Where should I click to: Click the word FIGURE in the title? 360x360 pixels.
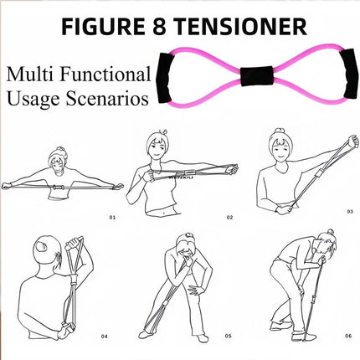click(103, 26)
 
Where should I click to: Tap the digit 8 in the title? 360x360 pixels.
click(160, 26)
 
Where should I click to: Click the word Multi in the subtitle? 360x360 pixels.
click(30, 75)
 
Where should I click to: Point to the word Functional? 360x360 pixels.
click(105, 75)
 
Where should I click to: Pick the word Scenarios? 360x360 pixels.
click(107, 98)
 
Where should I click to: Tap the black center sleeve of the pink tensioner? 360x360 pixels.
click(256, 75)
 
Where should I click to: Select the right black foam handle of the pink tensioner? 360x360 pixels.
click(350, 74)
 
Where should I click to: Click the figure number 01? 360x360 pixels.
click(112, 217)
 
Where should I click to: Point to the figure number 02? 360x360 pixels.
click(229, 217)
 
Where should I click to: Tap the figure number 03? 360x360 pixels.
click(350, 212)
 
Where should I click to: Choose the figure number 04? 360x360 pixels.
click(104, 337)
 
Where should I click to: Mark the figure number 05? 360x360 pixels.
click(229, 336)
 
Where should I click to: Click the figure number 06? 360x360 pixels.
click(348, 336)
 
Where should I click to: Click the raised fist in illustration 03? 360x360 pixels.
click(353, 141)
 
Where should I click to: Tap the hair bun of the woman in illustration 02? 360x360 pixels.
click(163, 131)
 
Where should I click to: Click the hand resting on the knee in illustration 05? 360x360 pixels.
click(196, 290)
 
